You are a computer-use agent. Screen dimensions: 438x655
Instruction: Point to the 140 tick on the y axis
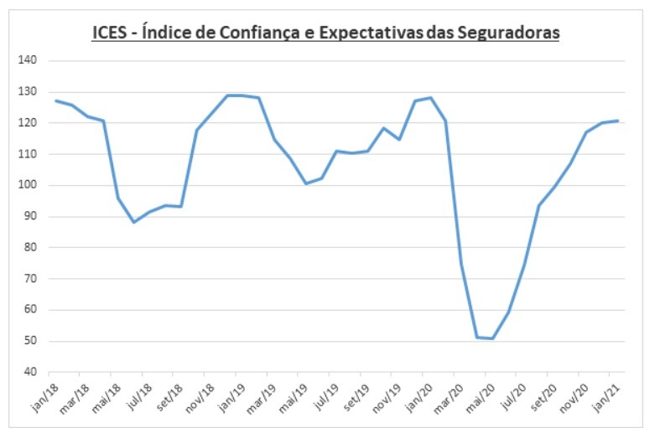tap(30, 61)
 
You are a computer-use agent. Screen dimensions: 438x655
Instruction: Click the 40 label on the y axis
tap(33, 372)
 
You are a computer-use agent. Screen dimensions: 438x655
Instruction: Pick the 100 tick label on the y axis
tap(30, 185)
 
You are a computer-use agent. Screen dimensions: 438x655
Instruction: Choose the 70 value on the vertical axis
tap(33, 279)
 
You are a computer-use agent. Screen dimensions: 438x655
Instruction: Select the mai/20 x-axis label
tap(480, 393)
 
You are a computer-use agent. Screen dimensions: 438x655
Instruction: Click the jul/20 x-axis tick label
tap(511, 392)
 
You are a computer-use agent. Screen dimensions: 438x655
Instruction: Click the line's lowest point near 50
tap(491, 338)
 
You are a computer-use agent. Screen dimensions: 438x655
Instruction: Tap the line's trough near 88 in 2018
tap(134, 222)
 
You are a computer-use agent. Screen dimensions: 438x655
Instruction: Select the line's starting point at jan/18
tap(56, 100)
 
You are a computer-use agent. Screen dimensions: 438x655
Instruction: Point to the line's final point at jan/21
tap(618, 121)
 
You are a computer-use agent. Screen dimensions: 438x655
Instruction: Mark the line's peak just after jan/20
tap(430, 98)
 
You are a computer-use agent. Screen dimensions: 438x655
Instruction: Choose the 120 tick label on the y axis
tap(30, 123)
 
